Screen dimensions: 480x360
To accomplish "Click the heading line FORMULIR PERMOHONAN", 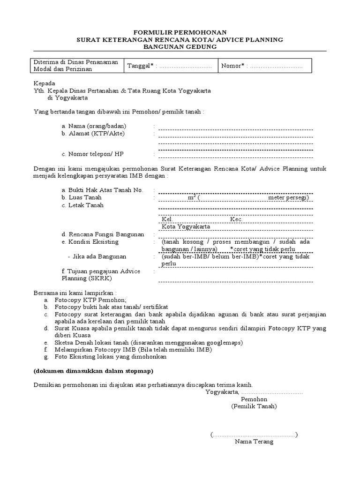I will coord(180,32).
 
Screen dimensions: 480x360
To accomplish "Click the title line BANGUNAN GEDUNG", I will coord(180,47).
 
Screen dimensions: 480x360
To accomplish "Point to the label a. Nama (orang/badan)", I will coord(94,127).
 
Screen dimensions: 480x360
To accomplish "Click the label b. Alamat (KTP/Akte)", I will coord(93,134).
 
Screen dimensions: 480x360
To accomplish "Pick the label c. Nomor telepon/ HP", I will coord(93,154).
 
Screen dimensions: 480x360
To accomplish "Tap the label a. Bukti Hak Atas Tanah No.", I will coord(101,190).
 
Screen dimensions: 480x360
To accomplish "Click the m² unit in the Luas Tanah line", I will coord(191,198).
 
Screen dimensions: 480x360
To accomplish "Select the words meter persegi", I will coord(287,198).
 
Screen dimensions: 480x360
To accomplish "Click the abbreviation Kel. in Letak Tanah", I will coord(167,219).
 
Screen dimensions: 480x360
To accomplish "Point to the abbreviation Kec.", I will coord(236,219).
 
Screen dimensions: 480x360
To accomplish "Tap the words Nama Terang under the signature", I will coord(254,442).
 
